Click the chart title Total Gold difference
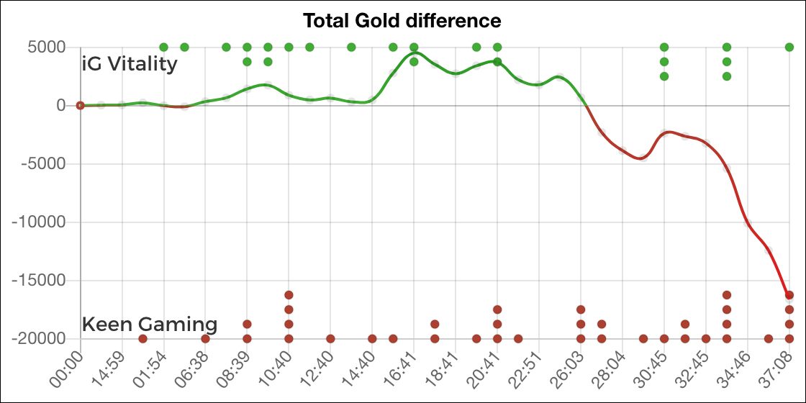(402, 20)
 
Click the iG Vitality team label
(130, 64)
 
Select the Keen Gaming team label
(150, 324)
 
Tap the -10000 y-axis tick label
(42, 222)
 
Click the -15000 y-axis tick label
(42, 281)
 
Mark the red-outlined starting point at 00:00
(81, 105)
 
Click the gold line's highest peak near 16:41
(416, 53)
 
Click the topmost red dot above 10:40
(289, 295)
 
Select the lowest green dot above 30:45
(664, 76)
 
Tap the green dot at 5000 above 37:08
(789, 47)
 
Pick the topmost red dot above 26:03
(581, 309)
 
